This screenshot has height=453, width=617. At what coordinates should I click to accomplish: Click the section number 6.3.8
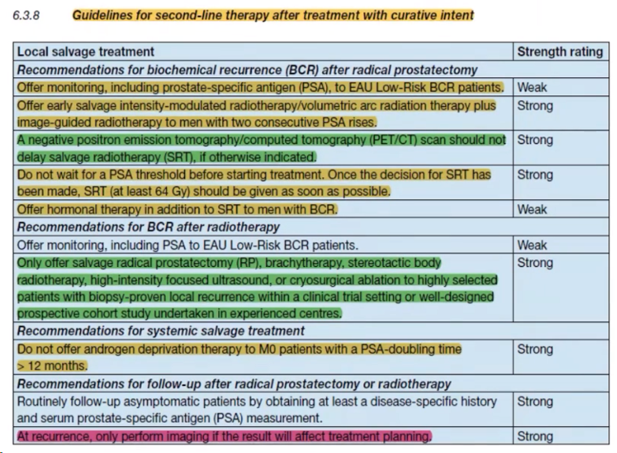tap(26, 15)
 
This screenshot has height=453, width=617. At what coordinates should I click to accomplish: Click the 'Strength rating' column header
tap(560, 52)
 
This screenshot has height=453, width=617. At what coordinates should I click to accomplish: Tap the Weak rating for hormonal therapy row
tap(532, 210)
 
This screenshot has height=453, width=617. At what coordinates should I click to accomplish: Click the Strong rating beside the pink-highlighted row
tap(535, 436)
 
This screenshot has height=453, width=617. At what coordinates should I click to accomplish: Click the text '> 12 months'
tap(51, 366)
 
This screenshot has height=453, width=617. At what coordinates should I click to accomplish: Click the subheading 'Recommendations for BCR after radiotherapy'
tap(148, 227)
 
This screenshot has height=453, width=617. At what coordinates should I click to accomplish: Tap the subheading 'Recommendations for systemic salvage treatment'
tap(161, 331)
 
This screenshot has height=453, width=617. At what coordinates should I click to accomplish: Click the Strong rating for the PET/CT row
tap(535, 140)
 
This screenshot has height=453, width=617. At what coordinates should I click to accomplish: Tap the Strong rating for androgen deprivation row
tap(535, 350)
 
